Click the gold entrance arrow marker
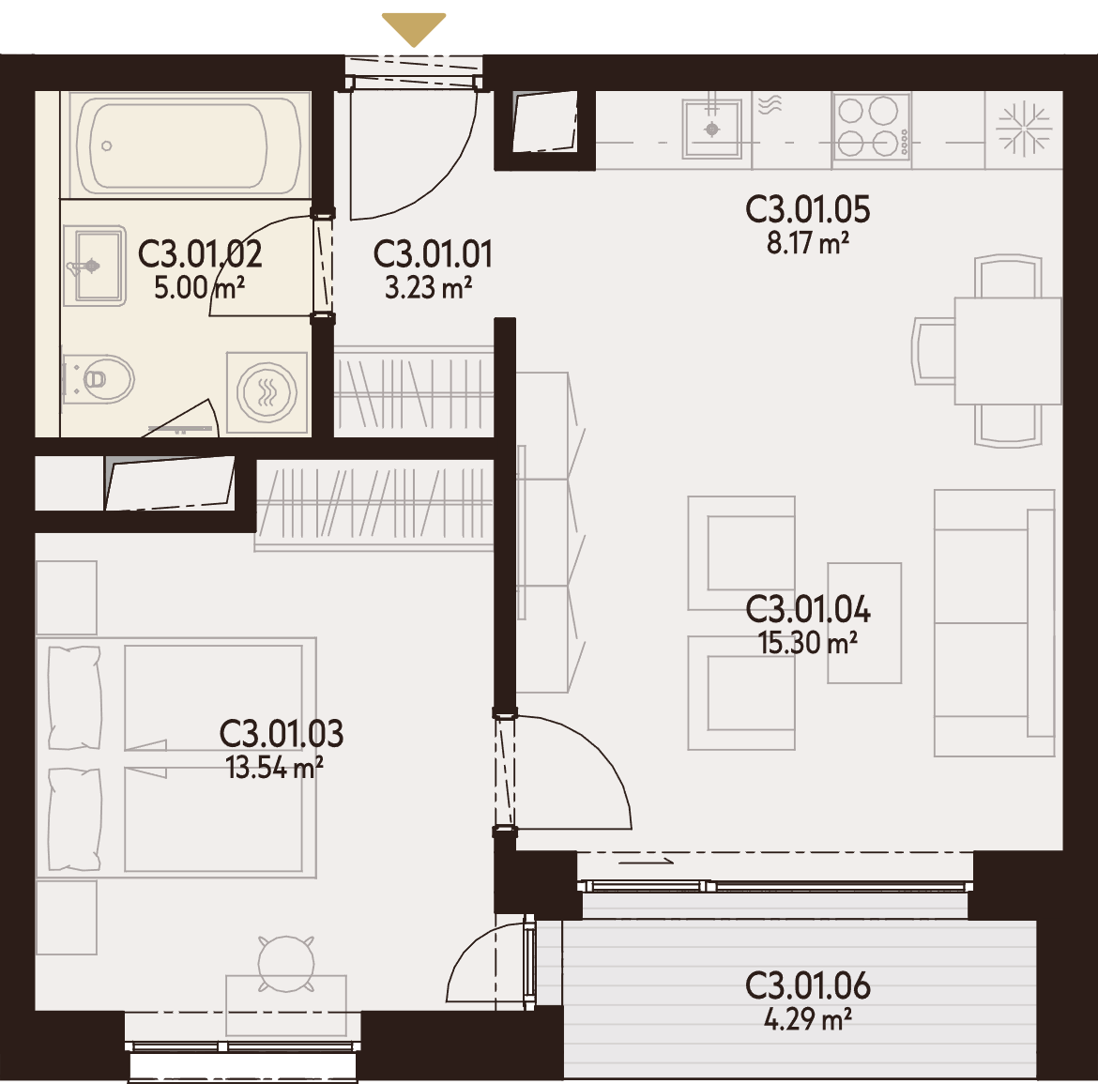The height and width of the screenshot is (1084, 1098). pyautogui.click(x=414, y=29)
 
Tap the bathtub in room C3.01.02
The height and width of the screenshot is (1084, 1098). pyautogui.click(x=186, y=145)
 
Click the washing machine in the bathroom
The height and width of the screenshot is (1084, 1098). pyautogui.click(x=267, y=393)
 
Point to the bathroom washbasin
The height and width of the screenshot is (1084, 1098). pyautogui.click(x=95, y=266)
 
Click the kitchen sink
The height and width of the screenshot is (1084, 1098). pyautogui.click(x=712, y=129)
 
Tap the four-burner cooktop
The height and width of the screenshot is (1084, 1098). pyautogui.click(x=872, y=127)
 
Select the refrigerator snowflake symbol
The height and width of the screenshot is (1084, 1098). pyautogui.click(x=1024, y=129)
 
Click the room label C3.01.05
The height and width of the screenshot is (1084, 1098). pyautogui.click(x=807, y=209)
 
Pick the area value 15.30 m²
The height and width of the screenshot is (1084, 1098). pyautogui.click(x=808, y=643)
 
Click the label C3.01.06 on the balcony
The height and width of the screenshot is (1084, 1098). pyautogui.click(x=807, y=986)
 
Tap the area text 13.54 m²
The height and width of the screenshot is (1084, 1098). pyautogui.click(x=274, y=768)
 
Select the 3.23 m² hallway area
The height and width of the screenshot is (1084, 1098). pyautogui.click(x=429, y=288)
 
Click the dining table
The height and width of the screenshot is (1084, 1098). pyautogui.click(x=1008, y=351)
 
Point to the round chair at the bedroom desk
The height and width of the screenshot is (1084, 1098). pyautogui.click(x=285, y=964)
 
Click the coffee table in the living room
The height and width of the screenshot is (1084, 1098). pyautogui.click(x=864, y=622)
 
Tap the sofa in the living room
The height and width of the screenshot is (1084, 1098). pyautogui.click(x=995, y=622)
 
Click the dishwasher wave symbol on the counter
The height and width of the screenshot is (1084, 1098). pyautogui.click(x=770, y=105)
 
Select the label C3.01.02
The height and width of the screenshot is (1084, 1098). pyautogui.click(x=200, y=253)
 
